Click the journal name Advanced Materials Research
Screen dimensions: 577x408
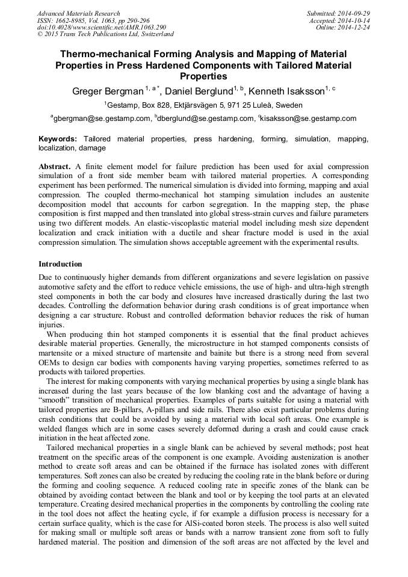[79, 13]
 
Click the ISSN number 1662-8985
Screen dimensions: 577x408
[69, 20]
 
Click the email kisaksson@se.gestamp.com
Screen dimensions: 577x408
[308, 119]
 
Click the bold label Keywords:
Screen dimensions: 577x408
[58, 139]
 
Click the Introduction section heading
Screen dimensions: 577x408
[60, 264]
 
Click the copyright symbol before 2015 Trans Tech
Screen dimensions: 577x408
[40, 34]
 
